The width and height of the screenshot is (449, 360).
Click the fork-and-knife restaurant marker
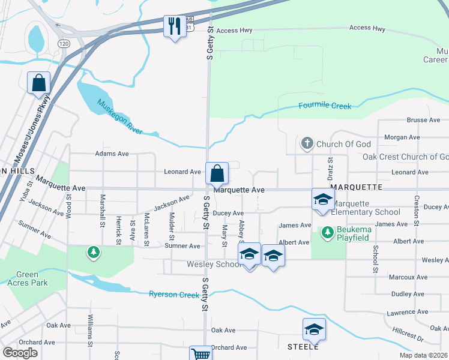click(175, 26)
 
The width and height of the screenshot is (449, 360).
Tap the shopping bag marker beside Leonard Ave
click(217, 173)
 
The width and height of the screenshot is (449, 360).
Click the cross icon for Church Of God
click(307, 144)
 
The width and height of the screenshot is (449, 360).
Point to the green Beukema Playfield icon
click(328, 232)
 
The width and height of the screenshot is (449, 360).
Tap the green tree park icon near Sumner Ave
click(92, 253)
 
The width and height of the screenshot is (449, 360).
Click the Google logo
click(20, 352)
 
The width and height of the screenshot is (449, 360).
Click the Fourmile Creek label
click(325, 106)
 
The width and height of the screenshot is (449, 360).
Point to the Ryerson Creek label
click(173, 294)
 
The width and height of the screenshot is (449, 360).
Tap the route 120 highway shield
click(64, 44)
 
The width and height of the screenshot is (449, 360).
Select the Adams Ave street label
click(112, 154)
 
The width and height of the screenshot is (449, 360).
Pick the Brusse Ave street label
click(423, 120)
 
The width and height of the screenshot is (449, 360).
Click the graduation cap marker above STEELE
click(314, 329)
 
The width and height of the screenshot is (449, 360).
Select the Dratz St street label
click(330, 167)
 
